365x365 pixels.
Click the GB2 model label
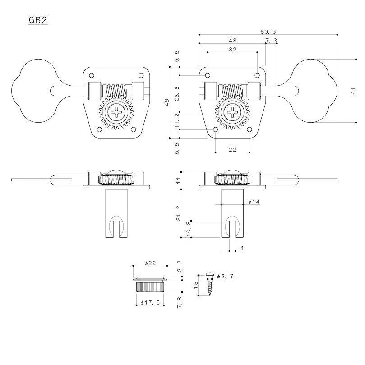tap(38, 20)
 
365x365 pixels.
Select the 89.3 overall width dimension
tap(268, 32)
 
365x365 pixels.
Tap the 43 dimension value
tap(232, 41)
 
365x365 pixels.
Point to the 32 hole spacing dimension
tap(232, 50)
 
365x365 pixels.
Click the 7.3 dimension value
tap(272, 41)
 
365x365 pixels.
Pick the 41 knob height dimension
tap(353, 91)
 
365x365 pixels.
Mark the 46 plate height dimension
tap(167, 102)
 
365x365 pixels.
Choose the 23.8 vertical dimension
tap(177, 93)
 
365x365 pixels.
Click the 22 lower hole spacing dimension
tap(232, 149)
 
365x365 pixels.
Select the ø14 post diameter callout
tap(254, 202)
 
